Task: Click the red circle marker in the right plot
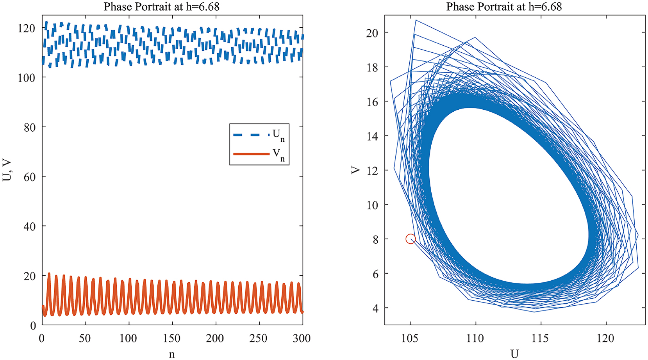[410, 239]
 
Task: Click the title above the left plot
[161, 7]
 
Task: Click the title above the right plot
[504, 7]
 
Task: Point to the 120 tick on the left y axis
[27, 28]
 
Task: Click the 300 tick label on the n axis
[302, 338]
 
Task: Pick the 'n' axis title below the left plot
[171, 354]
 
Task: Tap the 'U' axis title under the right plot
[514, 354]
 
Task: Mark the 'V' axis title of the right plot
[355, 170]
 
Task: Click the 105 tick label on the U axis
[410, 338]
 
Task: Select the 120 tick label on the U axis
[605, 338]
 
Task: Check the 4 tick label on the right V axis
[375, 308]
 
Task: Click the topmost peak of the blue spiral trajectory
[416, 20]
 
